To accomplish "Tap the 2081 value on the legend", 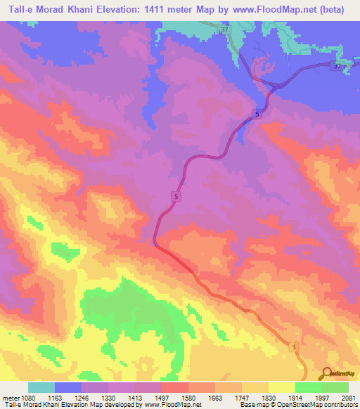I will click(347, 397).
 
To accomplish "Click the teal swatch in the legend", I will click(41, 387).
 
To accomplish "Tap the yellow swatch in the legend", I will click(281, 387).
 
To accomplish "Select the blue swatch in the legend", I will click(68, 387).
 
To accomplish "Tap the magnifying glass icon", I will click(327, 373).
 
